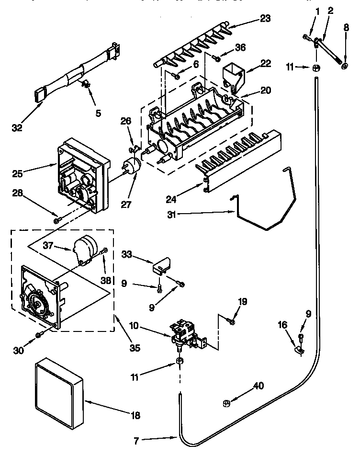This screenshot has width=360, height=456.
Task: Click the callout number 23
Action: coord(265,19)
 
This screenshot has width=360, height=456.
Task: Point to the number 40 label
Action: coord(259,386)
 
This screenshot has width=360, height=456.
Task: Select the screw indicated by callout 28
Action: coord(57,220)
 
